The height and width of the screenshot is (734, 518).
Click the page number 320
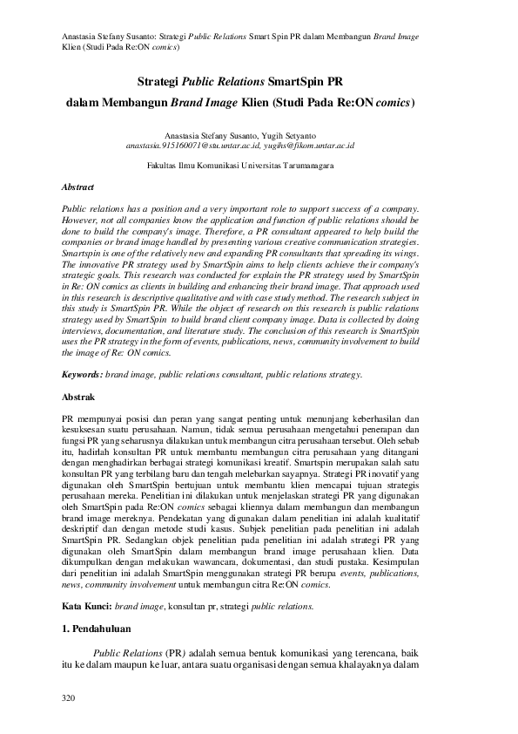tap(69, 698)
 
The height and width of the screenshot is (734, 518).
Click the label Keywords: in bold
tap(83, 374)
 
